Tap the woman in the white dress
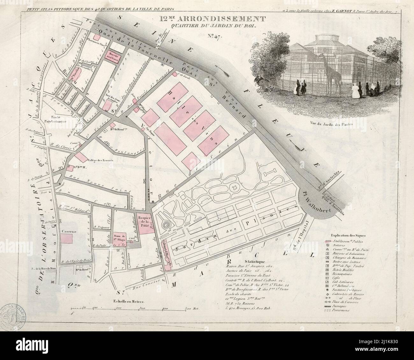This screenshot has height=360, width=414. click(x=354, y=90)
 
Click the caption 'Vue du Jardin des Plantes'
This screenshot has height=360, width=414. click(x=331, y=124)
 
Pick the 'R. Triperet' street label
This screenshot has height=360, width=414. click(x=102, y=228)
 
